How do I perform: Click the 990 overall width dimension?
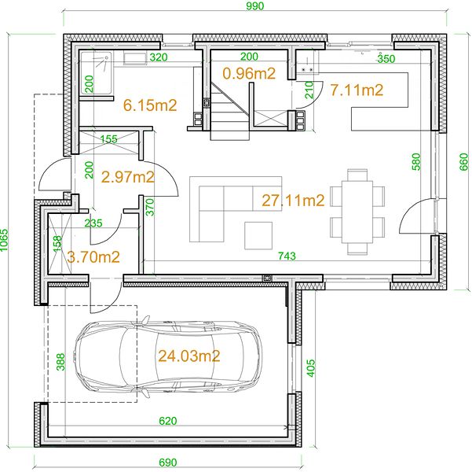tap(254, 6)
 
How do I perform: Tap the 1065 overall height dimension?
tap(4, 240)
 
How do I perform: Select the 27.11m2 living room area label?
tap(293, 201)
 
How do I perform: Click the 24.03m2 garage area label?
tap(189, 356)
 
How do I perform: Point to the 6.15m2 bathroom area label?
tap(150, 105)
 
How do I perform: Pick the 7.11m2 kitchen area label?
tap(357, 90)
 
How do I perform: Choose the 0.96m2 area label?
tap(249, 73)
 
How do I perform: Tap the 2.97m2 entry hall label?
tap(128, 177)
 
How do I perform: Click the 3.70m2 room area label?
tap(93, 257)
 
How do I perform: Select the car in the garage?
tap(168, 357)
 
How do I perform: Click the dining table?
tap(357, 212)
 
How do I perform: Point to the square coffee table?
tap(258, 235)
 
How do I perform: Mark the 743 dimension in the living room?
tap(287, 256)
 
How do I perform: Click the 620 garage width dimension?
tap(167, 421)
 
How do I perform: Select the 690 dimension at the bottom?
tap(167, 463)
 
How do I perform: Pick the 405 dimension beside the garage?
tap(311, 367)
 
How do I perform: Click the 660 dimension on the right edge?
tap(464, 161)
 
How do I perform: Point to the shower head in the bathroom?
tap(106, 57)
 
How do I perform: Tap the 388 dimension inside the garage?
tap(60, 362)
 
